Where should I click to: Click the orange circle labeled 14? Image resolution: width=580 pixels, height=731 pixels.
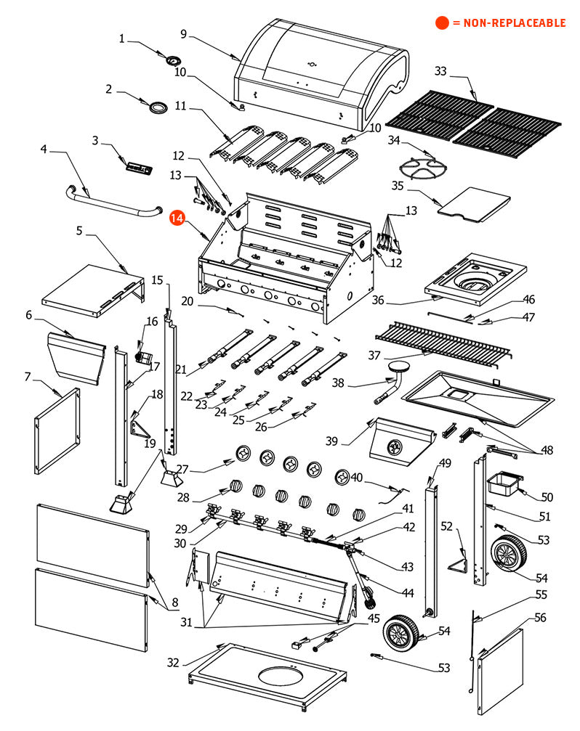pyautogui.click(x=177, y=219)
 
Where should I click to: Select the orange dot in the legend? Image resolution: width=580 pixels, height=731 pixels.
pyautogui.click(x=442, y=23)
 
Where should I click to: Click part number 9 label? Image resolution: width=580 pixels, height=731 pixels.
pyautogui.click(x=184, y=33)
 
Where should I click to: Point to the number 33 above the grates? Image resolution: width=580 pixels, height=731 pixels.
pyautogui.click(x=440, y=71)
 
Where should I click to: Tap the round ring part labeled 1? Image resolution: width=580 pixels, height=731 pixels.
pyautogui.click(x=174, y=60)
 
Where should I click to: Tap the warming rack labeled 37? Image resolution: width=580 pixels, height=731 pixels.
pyautogui.click(x=443, y=338)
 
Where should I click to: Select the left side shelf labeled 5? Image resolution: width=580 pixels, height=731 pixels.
pyautogui.click(x=91, y=288)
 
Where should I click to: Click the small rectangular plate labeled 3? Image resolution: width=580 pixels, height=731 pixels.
pyautogui.click(x=138, y=168)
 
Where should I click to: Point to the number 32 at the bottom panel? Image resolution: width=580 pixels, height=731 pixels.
pyautogui.click(x=172, y=662)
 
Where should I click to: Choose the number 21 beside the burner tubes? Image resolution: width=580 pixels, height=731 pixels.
pyautogui.click(x=181, y=369)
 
